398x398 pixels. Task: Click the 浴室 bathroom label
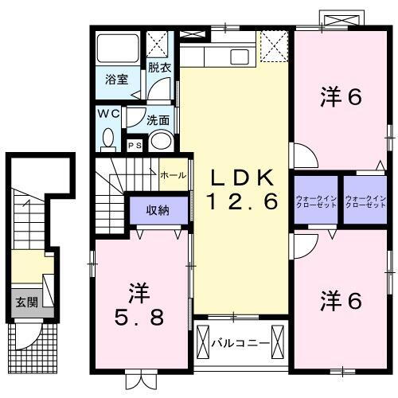point(118,80)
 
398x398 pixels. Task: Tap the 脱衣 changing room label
point(159,68)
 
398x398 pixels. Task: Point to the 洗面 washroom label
point(158,121)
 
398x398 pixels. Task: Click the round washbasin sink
point(161,142)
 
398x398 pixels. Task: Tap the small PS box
point(135,145)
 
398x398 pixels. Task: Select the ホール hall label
point(174,175)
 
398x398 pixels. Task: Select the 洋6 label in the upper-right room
point(341,97)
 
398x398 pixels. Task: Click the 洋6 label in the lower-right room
point(341,301)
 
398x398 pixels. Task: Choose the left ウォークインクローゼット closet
point(316,203)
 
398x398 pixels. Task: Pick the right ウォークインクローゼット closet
point(365,203)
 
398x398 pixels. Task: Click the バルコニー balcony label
point(240,344)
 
